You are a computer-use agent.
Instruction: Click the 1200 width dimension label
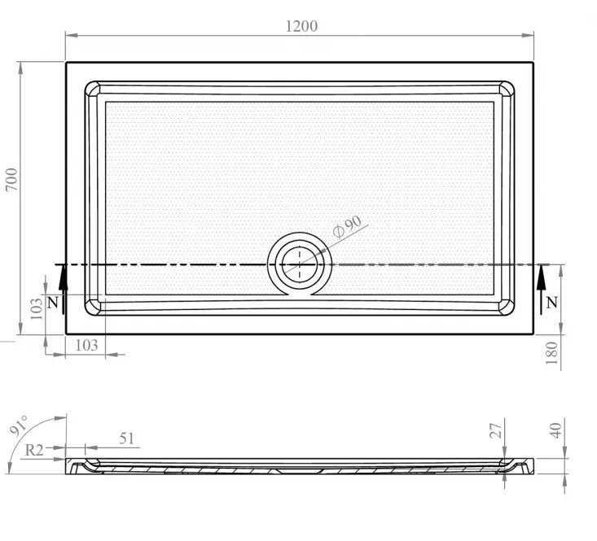301,26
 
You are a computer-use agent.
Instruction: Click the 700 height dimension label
11,180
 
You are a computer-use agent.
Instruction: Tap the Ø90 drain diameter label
347,227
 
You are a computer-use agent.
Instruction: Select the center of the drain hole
299,264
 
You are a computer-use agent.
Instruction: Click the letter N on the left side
53,303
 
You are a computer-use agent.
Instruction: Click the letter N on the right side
551,303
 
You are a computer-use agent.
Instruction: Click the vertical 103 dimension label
37,309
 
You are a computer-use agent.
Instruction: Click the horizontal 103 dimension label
87,345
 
